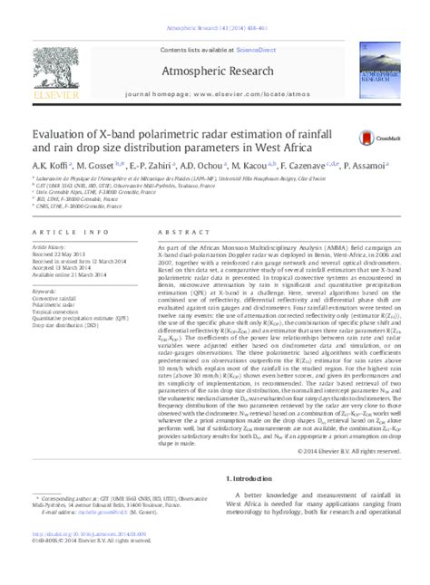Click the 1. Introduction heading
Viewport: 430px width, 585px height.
(258, 477)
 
